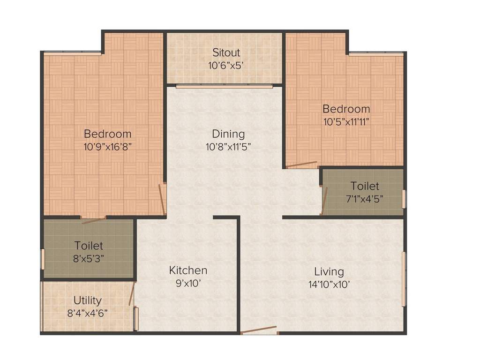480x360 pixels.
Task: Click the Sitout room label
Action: pos(226,52)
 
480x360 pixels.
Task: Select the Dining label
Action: pos(228,134)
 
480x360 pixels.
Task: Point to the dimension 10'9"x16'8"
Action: pos(107,146)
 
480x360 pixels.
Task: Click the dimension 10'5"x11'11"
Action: pos(346,121)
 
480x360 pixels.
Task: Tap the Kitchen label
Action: pos(188,270)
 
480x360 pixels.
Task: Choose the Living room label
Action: pos(329,271)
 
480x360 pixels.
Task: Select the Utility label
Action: pos(87,300)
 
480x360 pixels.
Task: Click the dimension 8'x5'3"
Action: pos(89,258)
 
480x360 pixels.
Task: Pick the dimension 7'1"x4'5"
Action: pos(364,198)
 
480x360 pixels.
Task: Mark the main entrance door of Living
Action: pos(259,330)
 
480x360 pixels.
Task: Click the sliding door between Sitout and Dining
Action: pos(225,86)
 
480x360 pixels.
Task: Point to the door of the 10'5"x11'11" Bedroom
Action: pos(301,165)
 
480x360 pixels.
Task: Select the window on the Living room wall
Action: pos(403,279)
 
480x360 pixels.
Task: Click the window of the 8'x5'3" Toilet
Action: pos(43,259)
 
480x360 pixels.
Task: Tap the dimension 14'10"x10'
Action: pos(329,284)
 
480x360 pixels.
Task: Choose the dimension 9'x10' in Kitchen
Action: pos(188,283)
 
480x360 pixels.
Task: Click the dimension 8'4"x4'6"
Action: pos(87,312)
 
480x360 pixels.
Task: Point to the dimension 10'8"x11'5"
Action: pos(228,147)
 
